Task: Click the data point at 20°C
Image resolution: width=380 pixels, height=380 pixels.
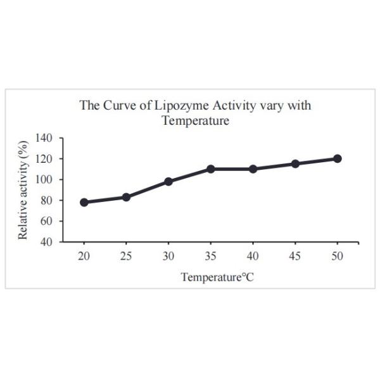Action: coord(84,202)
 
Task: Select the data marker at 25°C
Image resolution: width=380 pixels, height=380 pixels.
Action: coord(126,197)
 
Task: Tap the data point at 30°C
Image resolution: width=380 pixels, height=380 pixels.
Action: coord(168,182)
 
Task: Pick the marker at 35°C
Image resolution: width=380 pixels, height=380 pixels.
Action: coord(210,169)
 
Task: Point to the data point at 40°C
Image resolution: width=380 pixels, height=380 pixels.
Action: coord(253,169)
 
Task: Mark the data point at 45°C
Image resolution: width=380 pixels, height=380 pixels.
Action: coord(295,163)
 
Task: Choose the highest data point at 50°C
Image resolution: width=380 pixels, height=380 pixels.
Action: coord(337,158)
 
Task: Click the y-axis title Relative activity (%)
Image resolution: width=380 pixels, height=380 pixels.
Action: coord(23,190)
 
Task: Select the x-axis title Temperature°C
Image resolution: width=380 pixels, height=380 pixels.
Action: coord(212,277)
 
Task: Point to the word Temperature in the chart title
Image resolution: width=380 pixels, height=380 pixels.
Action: coord(195,120)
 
